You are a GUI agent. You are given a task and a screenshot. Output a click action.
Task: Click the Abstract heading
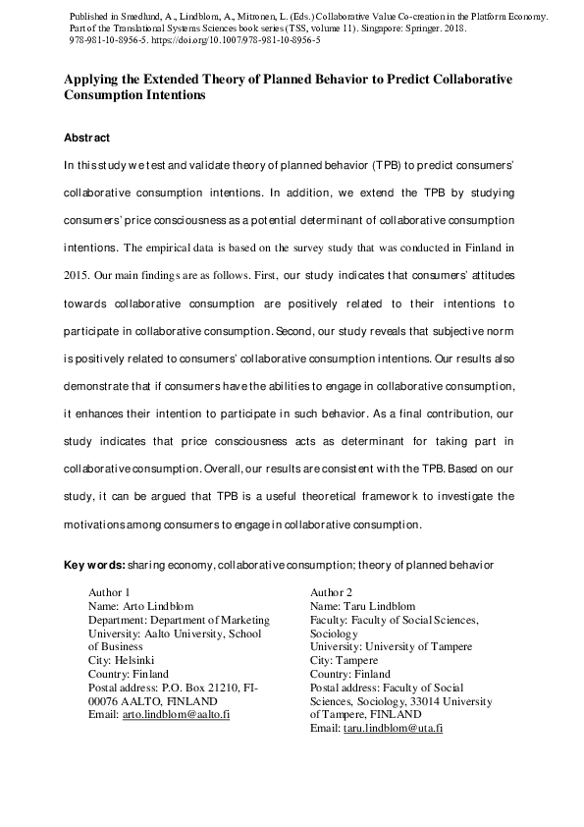point(86,138)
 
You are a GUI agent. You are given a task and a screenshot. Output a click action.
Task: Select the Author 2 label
point(331,592)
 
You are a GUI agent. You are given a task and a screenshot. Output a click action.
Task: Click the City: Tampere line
point(344,660)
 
